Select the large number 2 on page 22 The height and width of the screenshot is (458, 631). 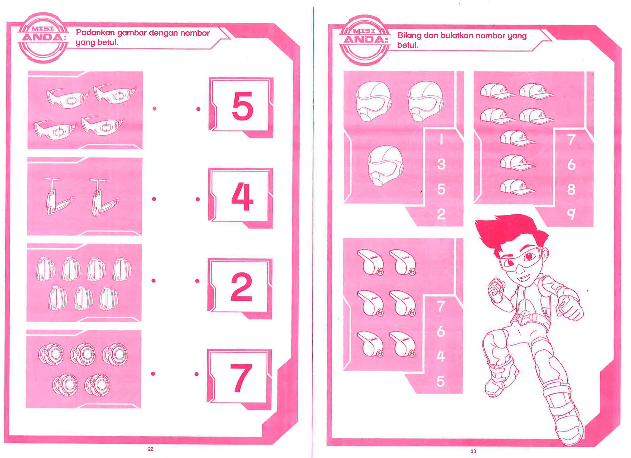pyautogui.click(x=241, y=287)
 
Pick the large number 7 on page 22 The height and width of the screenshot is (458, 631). pyautogui.click(x=241, y=378)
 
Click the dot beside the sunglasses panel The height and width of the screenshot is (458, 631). pyautogui.click(x=154, y=109)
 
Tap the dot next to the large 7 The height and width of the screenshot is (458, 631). pyautogui.click(x=196, y=374)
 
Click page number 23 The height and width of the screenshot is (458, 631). pyautogui.click(x=473, y=451)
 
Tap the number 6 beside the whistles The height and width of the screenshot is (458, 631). pyautogui.click(x=441, y=331)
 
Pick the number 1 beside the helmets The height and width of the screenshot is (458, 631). pyautogui.click(x=441, y=139)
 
